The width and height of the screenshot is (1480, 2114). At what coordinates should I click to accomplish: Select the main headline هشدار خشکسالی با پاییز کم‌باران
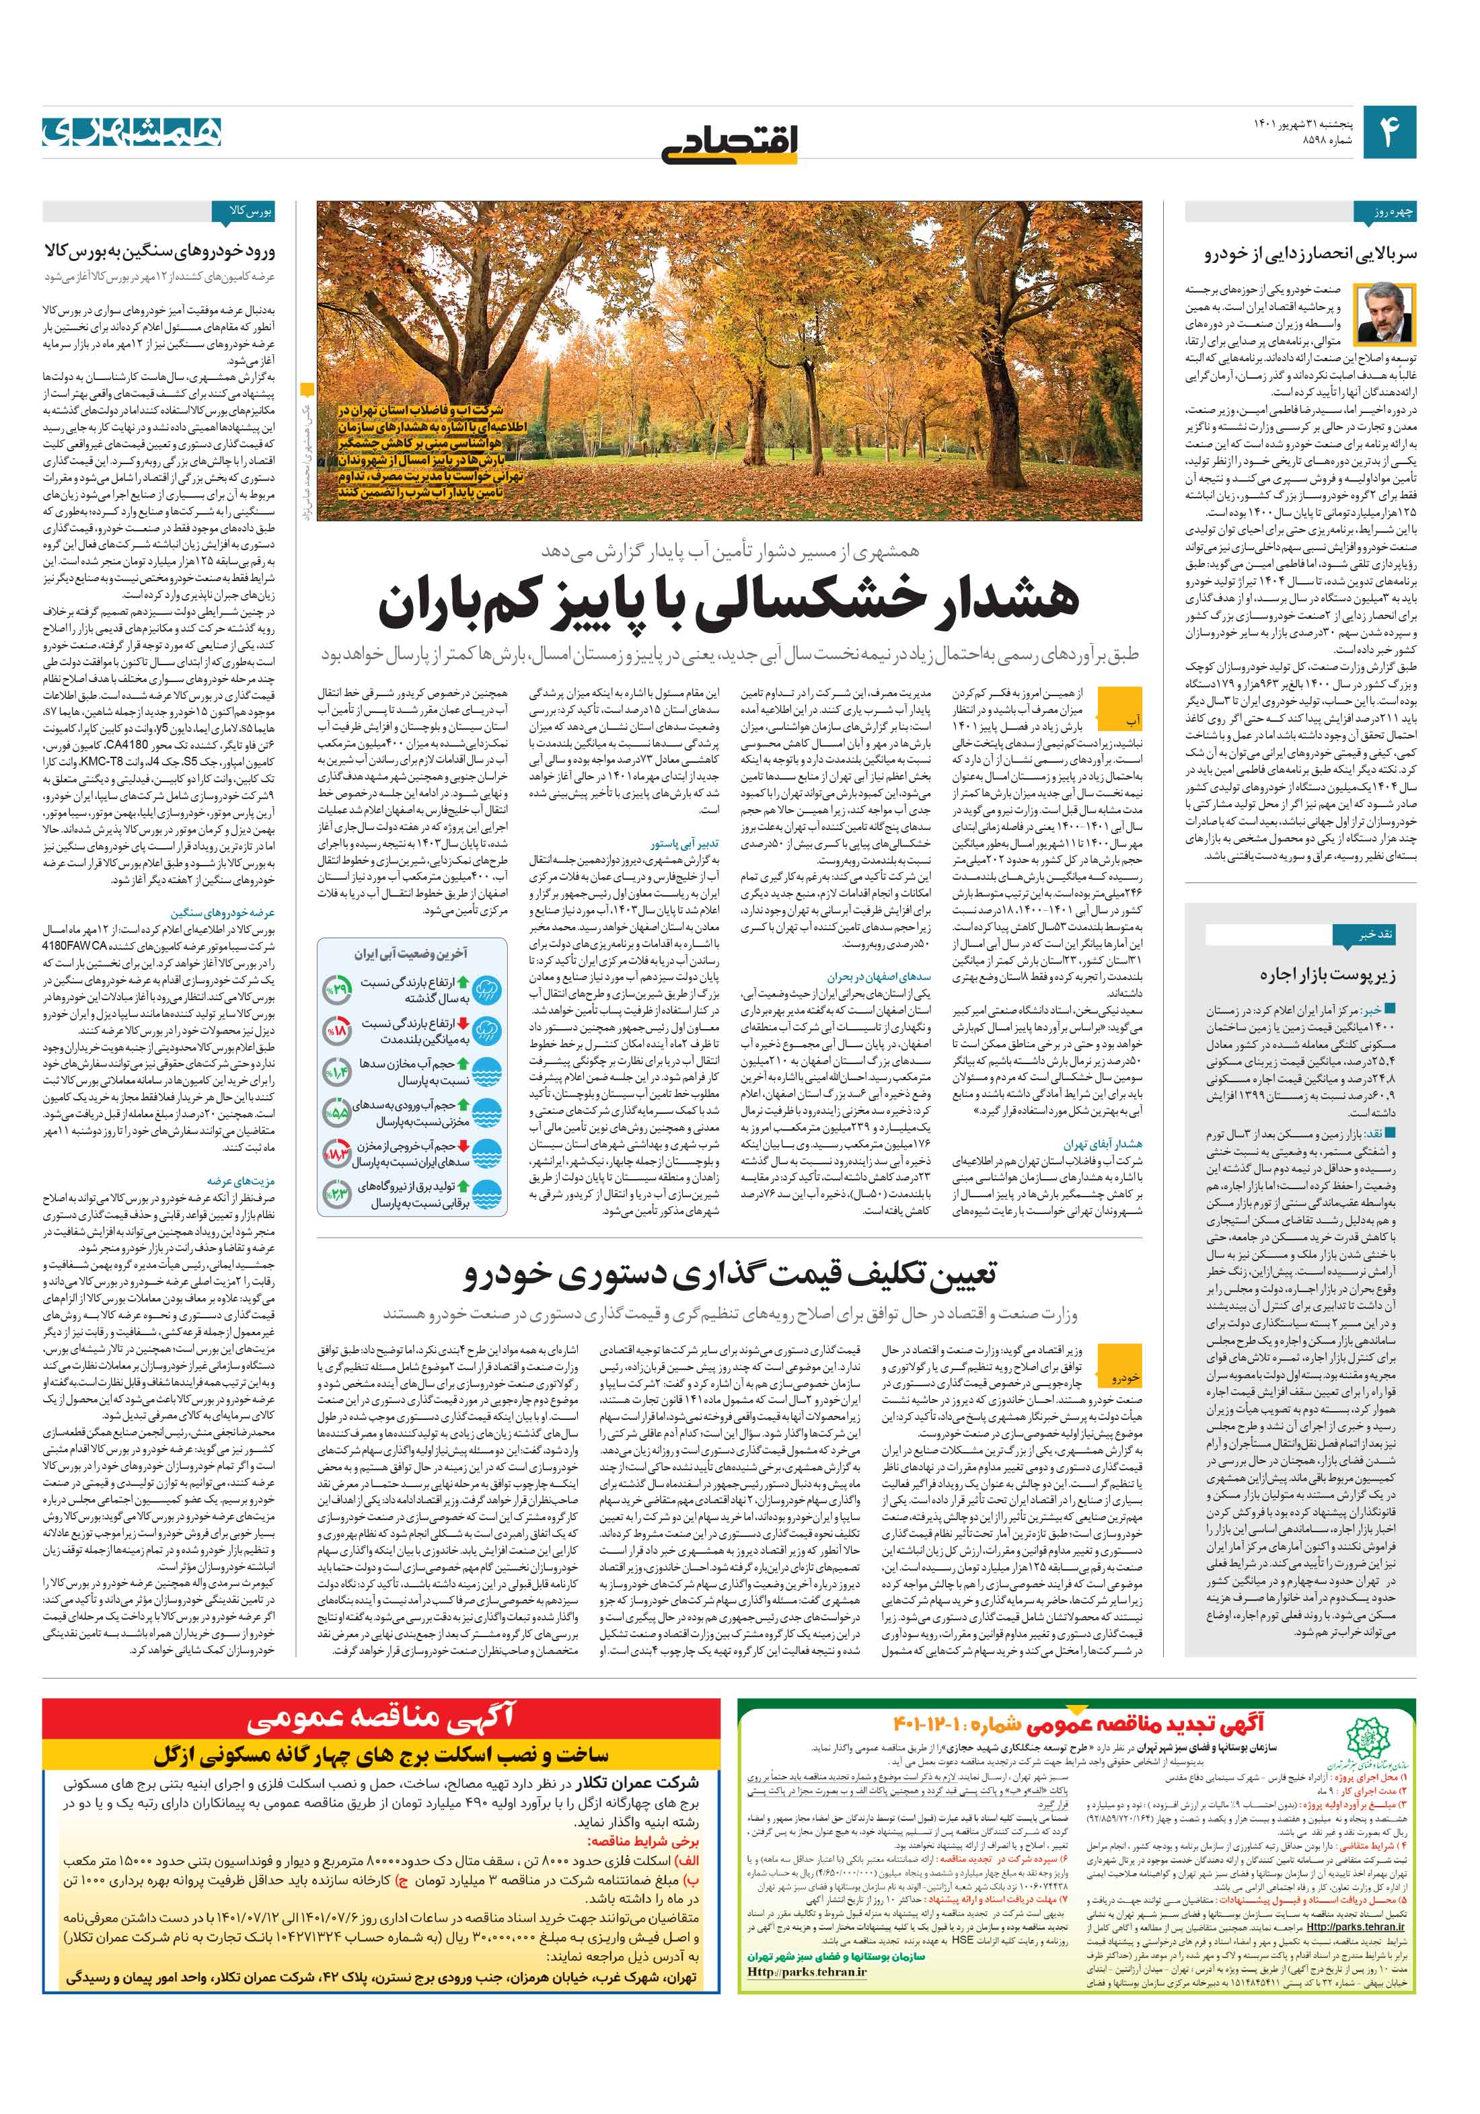729,601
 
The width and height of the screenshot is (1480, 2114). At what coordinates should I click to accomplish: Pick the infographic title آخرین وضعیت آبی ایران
412,953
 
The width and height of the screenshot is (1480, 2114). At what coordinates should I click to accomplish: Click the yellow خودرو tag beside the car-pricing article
1126,1377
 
